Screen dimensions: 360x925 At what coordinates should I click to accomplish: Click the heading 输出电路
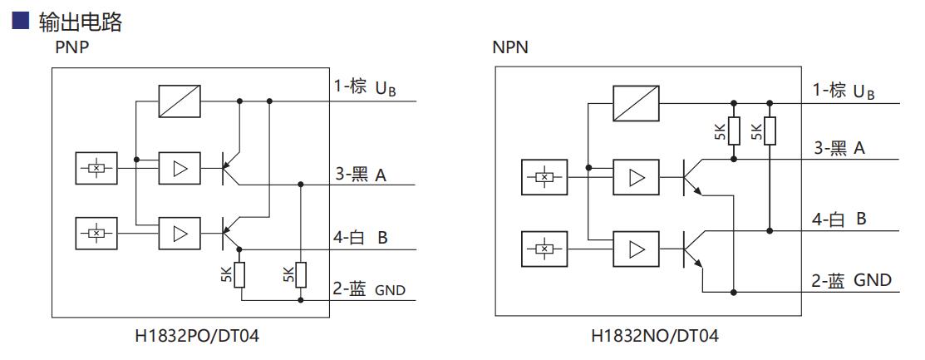[80, 22]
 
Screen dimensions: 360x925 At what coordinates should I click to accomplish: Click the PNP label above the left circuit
[71, 47]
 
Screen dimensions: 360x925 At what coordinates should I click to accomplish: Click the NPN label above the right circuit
[509, 47]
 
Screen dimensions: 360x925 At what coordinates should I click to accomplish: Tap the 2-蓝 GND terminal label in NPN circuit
[851, 280]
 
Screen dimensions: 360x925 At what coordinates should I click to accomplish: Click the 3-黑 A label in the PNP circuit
[361, 175]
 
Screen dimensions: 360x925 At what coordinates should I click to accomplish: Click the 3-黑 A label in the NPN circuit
[839, 148]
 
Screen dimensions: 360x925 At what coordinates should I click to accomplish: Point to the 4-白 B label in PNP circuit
[361, 237]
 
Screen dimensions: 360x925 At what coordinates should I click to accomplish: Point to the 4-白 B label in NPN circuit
[839, 219]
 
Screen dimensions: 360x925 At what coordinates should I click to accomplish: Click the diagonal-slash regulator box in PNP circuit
[179, 101]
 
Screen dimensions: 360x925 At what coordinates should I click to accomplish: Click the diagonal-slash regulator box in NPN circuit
[636, 104]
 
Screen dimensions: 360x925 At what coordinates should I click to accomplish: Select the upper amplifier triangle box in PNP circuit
[179, 169]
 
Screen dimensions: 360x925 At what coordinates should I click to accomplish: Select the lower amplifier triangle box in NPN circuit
[636, 249]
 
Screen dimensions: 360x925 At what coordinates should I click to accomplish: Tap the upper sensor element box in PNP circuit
[96, 169]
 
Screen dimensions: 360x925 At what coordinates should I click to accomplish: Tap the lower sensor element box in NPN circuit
[544, 249]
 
